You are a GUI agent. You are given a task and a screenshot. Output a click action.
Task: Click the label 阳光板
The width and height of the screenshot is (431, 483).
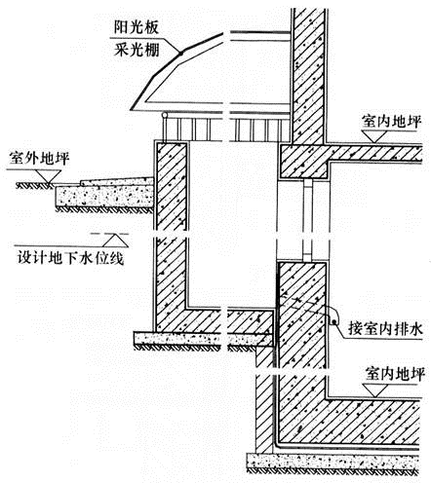(137, 27)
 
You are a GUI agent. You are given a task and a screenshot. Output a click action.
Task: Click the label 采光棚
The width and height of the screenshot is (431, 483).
(137, 50)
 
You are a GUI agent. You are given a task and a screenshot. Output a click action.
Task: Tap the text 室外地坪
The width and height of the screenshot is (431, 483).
(39, 159)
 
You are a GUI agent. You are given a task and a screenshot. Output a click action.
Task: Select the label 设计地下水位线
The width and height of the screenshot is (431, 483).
(70, 259)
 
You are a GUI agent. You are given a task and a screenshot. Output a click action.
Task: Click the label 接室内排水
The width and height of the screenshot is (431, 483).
(385, 328)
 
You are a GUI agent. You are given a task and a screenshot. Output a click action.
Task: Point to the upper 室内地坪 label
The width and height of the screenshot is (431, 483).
(391, 122)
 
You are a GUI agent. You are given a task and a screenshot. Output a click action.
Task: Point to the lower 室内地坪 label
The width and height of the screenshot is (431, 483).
(395, 374)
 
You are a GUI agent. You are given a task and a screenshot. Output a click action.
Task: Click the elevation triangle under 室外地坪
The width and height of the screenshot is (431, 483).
(49, 177)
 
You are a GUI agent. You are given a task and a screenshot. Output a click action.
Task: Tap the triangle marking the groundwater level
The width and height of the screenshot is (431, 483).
(115, 241)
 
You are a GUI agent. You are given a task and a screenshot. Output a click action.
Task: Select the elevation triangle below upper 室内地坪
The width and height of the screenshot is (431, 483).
(376, 136)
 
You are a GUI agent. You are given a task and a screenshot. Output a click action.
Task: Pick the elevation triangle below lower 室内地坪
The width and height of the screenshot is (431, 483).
(376, 390)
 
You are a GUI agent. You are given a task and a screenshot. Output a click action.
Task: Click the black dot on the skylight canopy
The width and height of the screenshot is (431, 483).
(179, 53)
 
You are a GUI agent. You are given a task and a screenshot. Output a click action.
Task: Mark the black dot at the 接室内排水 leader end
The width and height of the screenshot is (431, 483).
(333, 322)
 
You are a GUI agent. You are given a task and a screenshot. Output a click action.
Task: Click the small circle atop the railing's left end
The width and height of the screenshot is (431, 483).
(165, 115)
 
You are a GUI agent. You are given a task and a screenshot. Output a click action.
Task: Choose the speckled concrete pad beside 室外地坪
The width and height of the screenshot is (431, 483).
(104, 196)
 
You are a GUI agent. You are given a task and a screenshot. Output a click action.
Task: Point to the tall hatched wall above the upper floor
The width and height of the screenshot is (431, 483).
(308, 76)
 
